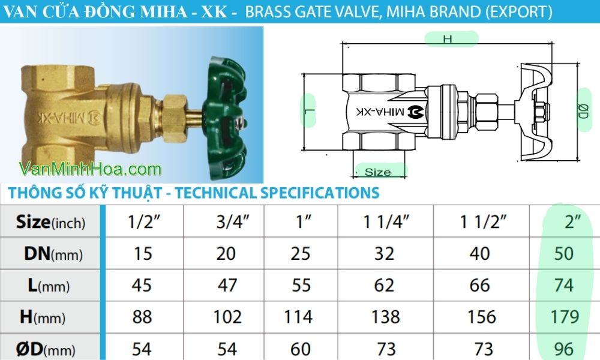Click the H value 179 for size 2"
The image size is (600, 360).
coord(565,316)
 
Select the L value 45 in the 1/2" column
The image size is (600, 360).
coord(142,284)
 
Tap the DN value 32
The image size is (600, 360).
coord(384,253)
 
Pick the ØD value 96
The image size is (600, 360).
coord(565,348)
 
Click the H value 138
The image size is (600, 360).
coord(384,316)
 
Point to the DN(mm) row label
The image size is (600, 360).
coord(53,254)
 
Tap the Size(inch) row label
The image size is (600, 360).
coord(50,223)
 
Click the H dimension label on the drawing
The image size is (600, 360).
coord(447,38)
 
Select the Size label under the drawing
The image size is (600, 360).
coord(378,172)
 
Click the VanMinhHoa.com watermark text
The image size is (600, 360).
coord(90,169)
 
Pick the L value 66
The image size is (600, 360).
coord(480,284)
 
